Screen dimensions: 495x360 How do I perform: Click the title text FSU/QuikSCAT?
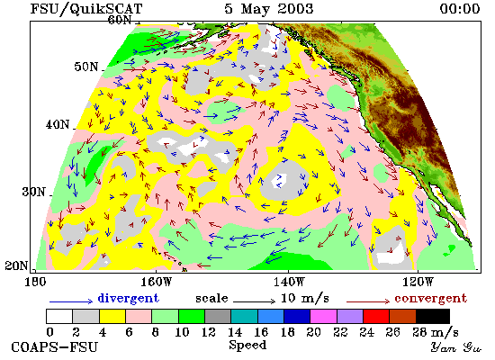(x=86, y=8)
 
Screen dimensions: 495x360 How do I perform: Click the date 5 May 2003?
(x=269, y=8)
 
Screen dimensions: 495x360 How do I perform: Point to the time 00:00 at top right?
(x=460, y=8)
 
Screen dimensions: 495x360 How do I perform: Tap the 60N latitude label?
(x=120, y=20)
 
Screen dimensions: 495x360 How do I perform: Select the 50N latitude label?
(x=86, y=67)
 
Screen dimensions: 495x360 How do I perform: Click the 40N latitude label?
(x=58, y=124)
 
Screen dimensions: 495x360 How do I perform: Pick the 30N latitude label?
(x=34, y=192)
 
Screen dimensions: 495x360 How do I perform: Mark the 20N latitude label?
(x=16, y=265)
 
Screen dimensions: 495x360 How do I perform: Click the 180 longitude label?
(x=35, y=282)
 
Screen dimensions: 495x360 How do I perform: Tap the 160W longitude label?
(x=156, y=282)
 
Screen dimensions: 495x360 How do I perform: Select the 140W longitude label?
(x=289, y=282)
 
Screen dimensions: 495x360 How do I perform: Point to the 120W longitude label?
(x=418, y=282)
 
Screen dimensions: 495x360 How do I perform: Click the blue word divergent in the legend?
(x=129, y=298)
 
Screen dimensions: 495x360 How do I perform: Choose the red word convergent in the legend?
(x=430, y=298)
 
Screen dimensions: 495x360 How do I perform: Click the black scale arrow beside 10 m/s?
(x=255, y=301)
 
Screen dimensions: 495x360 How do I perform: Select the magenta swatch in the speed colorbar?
(x=323, y=317)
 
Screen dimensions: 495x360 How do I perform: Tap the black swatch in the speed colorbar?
(x=433, y=317)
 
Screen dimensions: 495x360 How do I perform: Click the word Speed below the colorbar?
(x=247, y=346)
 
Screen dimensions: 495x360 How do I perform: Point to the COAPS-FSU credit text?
(x=55, y=347)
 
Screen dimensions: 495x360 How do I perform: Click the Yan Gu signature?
(x=456, y=347)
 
